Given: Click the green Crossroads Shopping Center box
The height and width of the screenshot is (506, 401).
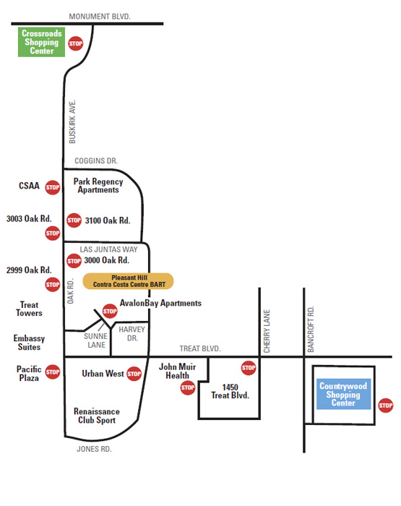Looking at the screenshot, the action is tap(41, 42).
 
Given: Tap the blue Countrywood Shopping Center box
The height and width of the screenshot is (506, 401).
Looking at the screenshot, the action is tap(344, 394).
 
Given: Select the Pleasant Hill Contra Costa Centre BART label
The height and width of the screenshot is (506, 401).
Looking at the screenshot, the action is tap(129, 281).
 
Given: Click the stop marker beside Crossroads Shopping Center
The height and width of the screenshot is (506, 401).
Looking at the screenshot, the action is tap(75, 43).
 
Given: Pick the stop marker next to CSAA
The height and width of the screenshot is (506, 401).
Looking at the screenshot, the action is tap(53, 187).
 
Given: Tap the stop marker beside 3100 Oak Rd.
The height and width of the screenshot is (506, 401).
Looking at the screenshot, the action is tap(74, 220).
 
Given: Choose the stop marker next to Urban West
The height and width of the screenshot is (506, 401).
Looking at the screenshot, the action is tap(134, 374).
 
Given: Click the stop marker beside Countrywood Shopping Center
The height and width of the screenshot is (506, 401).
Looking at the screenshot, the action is tap(386, 406).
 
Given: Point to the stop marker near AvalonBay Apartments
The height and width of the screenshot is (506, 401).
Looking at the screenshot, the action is tap(110, 311).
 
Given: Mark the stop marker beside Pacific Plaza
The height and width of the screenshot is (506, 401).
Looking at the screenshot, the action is tap(53, 372).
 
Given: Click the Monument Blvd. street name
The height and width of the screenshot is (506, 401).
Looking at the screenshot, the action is tap(100, 17).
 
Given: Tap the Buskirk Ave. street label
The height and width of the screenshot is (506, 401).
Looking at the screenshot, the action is tap(72, 121).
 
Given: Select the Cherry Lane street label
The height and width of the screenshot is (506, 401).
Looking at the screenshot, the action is tap(267, 331).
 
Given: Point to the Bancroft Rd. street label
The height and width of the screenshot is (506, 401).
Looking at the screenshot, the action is tap(311, 329).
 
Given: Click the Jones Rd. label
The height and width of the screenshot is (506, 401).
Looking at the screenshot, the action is tap(94, 449).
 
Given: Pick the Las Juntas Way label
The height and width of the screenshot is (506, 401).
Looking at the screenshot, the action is tap(108, 249).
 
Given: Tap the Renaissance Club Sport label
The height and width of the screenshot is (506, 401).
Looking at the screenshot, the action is tap(97, 416).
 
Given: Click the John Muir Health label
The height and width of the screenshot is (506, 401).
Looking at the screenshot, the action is tap(178, 371).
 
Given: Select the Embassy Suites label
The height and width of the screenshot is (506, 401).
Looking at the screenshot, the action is tap(29, 343).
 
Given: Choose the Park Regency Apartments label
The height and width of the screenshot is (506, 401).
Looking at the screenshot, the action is tap(98, 186).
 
